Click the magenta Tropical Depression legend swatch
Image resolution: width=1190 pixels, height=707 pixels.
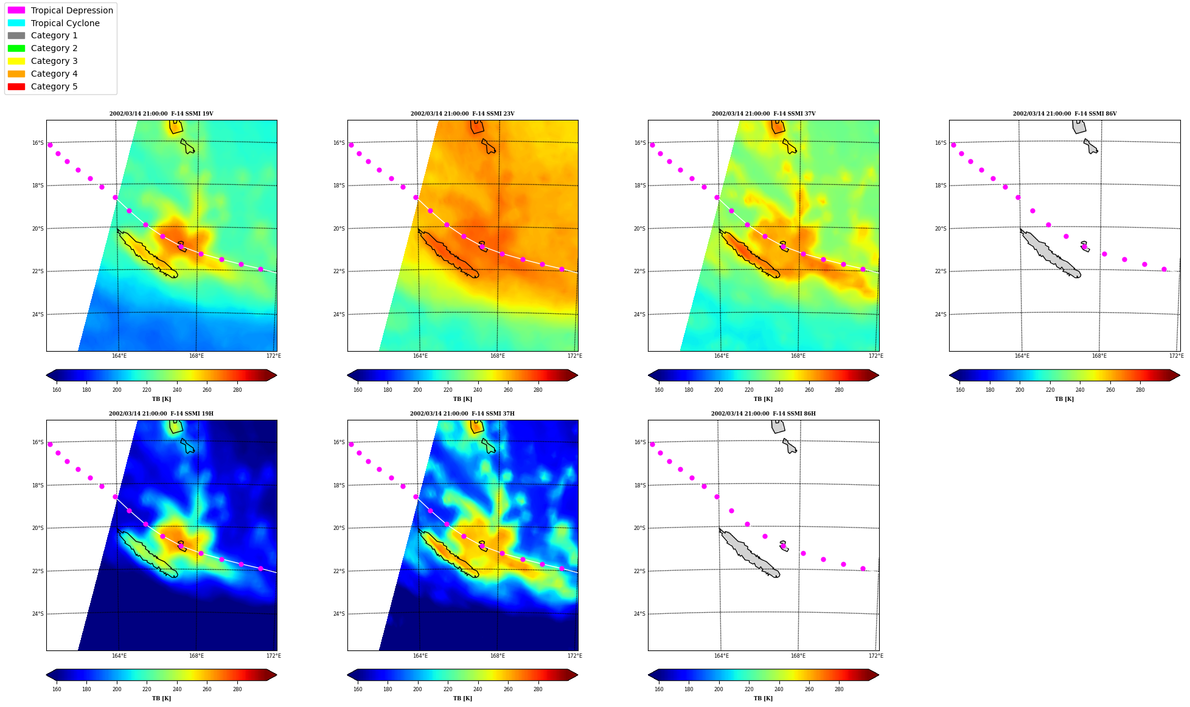(x=16, y=10)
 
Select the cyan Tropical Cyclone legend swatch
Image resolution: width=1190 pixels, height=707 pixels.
(x=16, y=23)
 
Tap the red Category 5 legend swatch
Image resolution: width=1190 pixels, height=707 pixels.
(x=16, y=86)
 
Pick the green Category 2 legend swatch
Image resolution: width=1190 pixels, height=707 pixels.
(x=16, y=48)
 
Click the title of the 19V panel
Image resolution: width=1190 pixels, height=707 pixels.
(x=161, y=114)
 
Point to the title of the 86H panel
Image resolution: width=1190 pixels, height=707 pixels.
(x=764, y=414)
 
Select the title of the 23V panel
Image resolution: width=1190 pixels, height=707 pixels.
(x=462, y=114)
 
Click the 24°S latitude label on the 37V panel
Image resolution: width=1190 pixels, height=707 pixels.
(x=640, y=315)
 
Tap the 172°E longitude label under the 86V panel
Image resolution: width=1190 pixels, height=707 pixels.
(x=1177, y=356)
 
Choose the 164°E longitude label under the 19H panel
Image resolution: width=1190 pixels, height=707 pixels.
(x=119, y=656)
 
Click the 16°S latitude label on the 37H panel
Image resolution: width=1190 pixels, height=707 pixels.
(x=339, y=442)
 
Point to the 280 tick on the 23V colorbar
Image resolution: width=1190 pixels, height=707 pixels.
(x=538, y=390)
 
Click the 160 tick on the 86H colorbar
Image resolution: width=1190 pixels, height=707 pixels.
(x=659, y=689)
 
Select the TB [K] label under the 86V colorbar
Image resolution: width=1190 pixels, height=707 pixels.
(x=1064, y=399)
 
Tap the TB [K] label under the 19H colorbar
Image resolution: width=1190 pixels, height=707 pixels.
(x=161, y=698)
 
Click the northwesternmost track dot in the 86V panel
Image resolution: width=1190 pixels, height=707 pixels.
(x=953, y=145)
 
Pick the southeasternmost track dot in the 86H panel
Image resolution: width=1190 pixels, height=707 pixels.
(x=863, y=568)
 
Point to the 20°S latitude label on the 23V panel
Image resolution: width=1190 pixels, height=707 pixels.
(x=339, y=229)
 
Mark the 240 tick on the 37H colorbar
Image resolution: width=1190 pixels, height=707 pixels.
(x=478, y=689)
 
